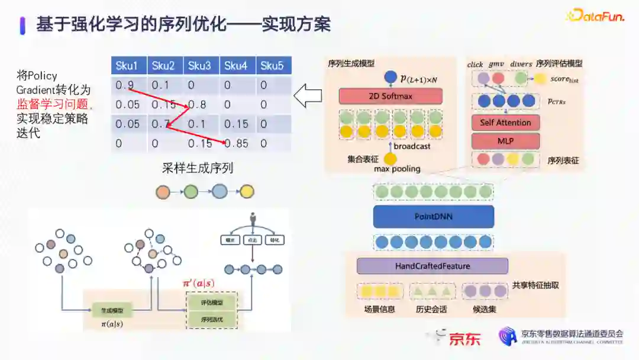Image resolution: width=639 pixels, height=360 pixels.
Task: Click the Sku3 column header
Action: [x=200, y=66]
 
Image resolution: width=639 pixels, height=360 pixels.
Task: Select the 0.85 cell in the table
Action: [x=236, y=143]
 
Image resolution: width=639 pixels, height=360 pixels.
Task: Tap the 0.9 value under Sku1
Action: [x=125, y=85]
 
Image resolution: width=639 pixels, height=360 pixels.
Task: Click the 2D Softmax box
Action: [x=390, y=96]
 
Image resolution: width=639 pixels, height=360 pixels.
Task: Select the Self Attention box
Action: [x=505, y=123]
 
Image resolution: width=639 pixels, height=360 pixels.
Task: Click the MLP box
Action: [x=505, y=141]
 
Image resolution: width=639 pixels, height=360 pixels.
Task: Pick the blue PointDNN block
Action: [x=433, y=217]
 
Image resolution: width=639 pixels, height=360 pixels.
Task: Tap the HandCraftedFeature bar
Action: [x=432, y=266]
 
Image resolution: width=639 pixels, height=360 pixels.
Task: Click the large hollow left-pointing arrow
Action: [x=308, y=96]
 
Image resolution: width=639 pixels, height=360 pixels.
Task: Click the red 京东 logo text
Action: [x=464, y=339]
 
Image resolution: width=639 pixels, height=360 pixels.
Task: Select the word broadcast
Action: [x=412, y=146]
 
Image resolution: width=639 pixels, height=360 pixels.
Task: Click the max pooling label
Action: [x=397, y=169]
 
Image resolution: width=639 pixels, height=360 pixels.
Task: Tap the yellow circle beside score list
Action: [x=540, y=78]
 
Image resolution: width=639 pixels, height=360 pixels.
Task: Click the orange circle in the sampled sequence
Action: [x=162, y=192]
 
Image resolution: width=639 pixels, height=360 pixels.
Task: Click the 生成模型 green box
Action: [x=111, y=310]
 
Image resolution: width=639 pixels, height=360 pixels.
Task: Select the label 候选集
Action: [x=485, y=309]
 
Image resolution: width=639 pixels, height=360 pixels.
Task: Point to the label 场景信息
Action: [x=379, y=309]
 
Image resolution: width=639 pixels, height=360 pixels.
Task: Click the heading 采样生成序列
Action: [x=198, y=168]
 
